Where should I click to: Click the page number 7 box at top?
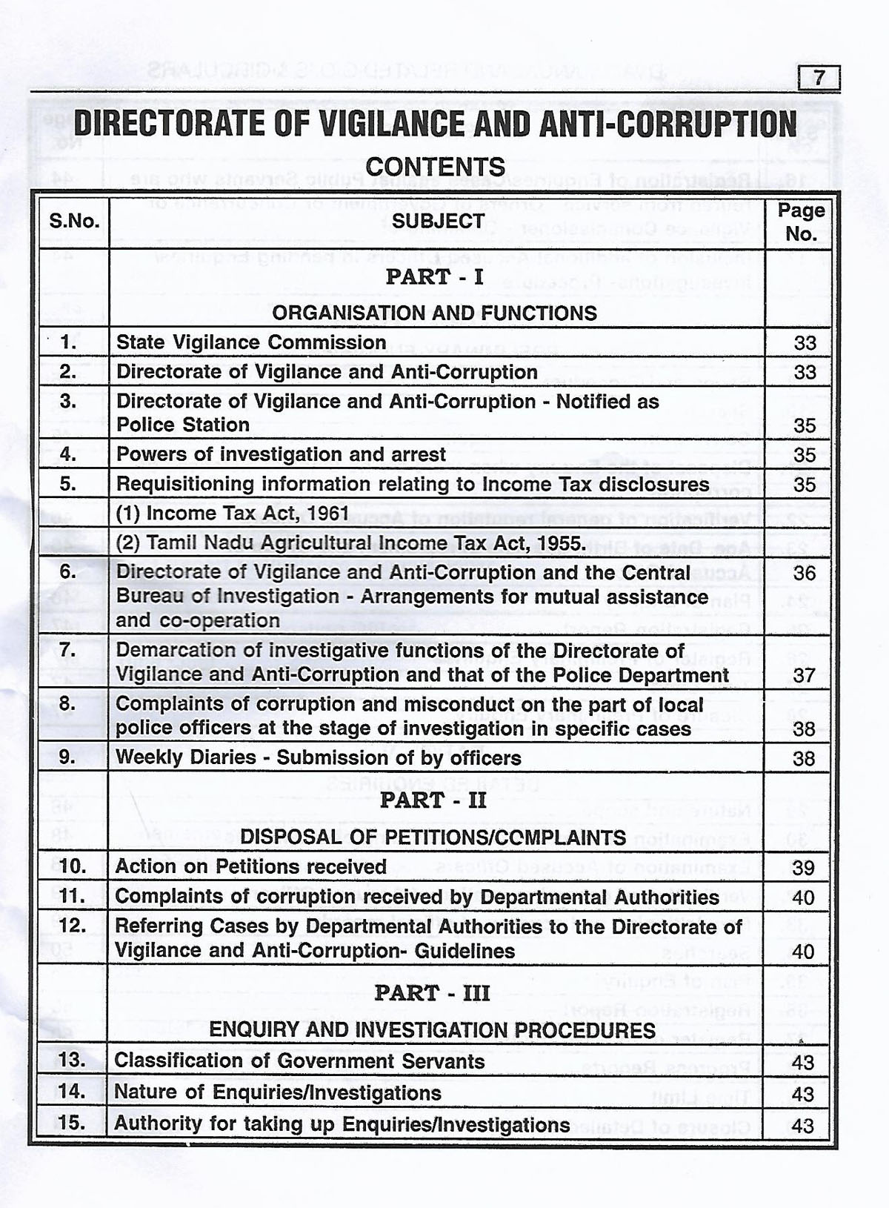(x=819, y=78)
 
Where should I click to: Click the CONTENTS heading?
(x=436, y=167)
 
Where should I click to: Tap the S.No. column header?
(x=74, y=222)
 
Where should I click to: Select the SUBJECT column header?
(x=438, y=221)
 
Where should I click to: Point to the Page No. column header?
(x=801, y=222)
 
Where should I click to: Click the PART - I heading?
(x=435, y=277)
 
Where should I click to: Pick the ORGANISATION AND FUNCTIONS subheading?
(x=434, y=313)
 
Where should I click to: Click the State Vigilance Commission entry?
(x=251, y=342)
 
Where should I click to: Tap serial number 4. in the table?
(x=68, y=454)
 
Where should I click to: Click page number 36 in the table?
(x=804, y=573)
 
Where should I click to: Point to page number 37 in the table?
(x=804, y=675)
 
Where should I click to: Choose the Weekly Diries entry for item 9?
(x=318, y=758)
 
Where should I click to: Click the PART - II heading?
(x=433, y=801)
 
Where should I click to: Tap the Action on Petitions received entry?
(x=250, y=866)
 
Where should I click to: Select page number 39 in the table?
(x=804, y=867)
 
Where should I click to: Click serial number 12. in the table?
(x=72, y=926)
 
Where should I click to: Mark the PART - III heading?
(x=433, y=993)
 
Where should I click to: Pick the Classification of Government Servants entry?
(x=299, y=1061)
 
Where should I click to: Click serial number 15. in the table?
(x=72, y=1124)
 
